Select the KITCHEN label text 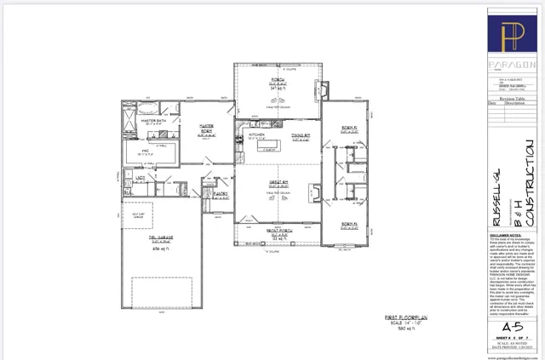[258, 134]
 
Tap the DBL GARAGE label [161, 241]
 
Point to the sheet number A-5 [511, 327]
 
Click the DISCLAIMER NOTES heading [506, 231]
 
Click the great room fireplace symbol [317, 191]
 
